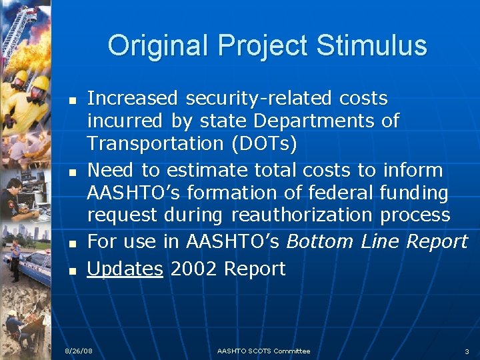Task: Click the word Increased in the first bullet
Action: [133, 99]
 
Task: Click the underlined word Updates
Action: [125, 269]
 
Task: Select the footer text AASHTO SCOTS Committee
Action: [263, 351]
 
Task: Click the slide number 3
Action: [467, 351]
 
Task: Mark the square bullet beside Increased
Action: [73, 100]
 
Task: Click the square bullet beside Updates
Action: [73, 270]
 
